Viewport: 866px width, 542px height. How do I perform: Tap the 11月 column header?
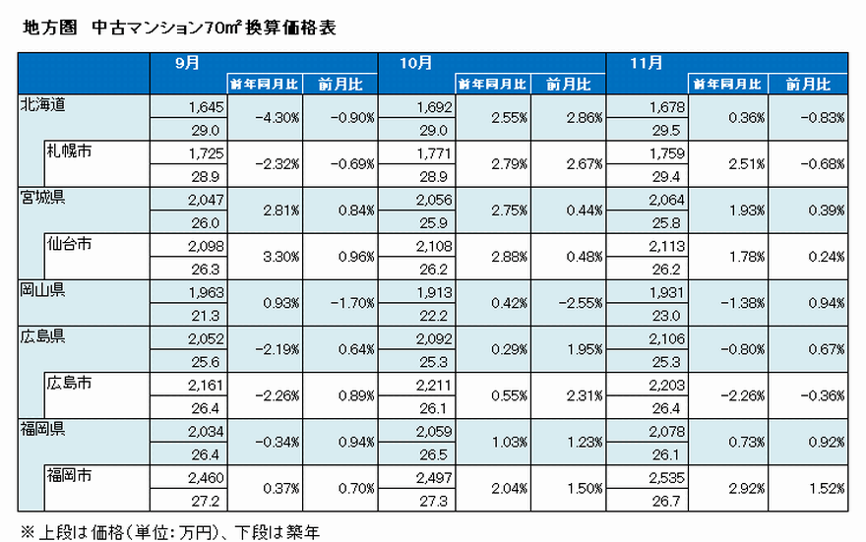[647, 62]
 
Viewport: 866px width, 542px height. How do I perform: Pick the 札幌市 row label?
[69, 151]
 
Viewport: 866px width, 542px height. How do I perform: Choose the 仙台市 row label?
[69, 244]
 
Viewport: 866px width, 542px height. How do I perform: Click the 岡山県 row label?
[42, 290]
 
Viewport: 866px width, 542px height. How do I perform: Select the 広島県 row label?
[42, 336]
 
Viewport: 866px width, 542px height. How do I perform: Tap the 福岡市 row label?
[69, 476]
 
